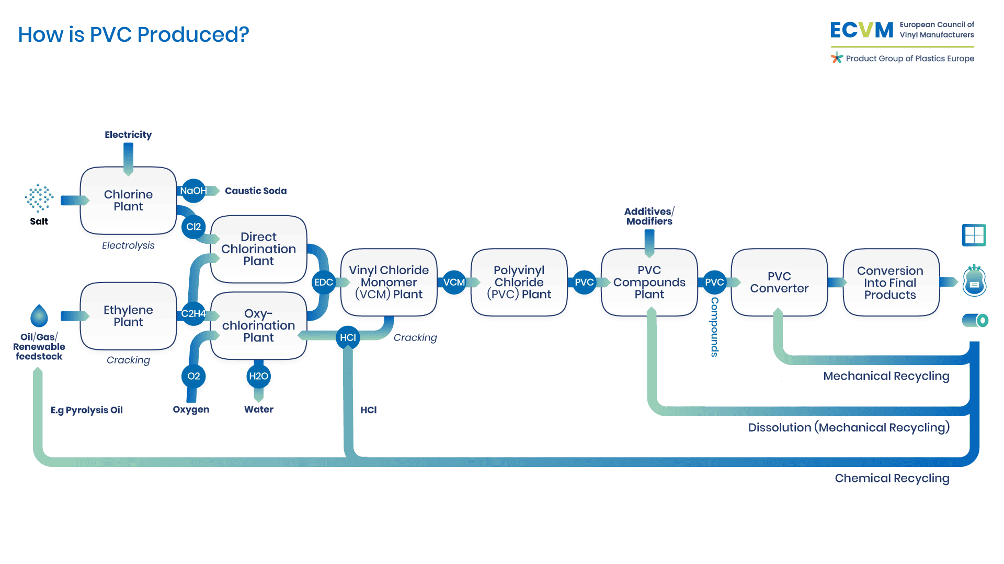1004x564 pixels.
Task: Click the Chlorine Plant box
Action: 128,201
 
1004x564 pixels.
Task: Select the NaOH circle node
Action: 193,191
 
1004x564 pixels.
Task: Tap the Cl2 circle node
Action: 193,227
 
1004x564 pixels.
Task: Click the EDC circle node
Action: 324,283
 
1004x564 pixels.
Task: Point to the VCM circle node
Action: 454,283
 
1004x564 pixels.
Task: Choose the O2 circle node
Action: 193,376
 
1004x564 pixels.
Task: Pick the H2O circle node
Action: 258,376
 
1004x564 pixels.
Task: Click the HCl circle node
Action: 348,337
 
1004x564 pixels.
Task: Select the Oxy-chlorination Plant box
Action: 258,325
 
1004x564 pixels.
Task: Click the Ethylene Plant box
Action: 128,316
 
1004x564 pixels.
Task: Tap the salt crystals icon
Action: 39,198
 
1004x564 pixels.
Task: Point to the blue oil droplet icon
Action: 39,316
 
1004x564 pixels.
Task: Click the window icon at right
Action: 974,235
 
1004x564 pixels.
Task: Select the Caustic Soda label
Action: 256,191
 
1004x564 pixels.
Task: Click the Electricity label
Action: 128,135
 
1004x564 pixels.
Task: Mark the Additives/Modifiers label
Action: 649,216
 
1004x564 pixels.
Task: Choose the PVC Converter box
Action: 779,282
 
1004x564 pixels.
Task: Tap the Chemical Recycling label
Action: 892,478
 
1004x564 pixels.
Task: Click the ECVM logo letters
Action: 862,30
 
